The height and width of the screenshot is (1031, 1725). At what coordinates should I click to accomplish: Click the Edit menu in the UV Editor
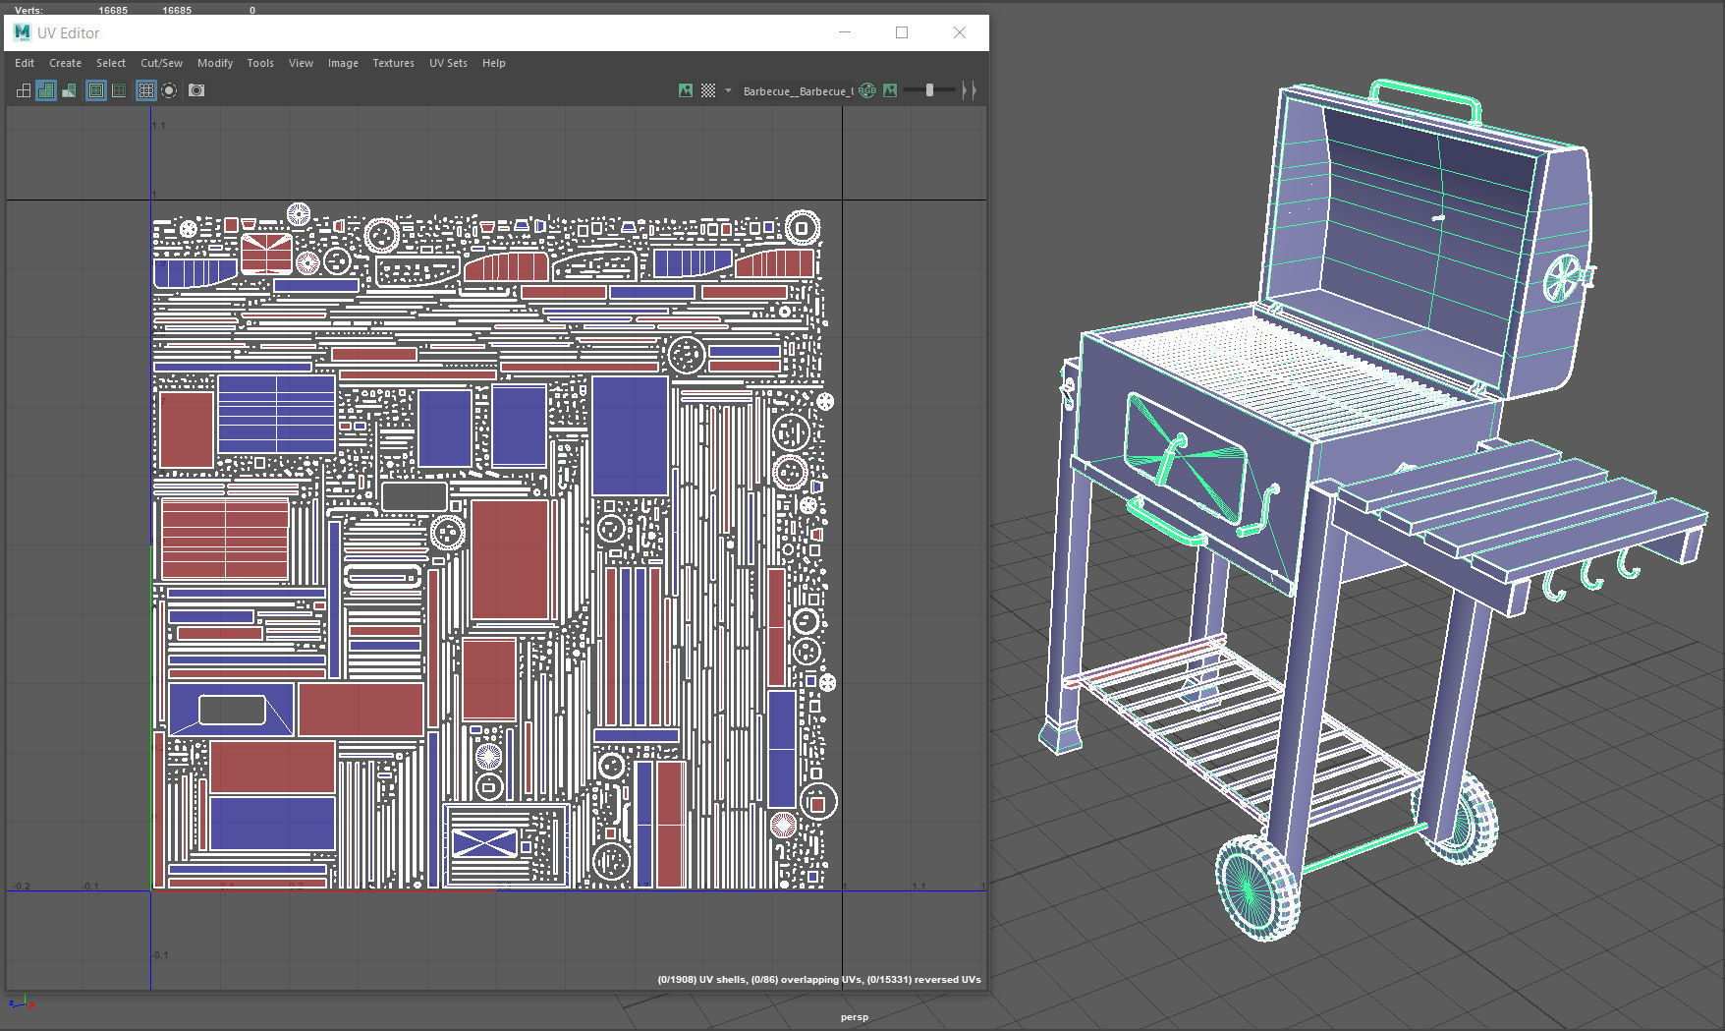click(x=25, y=63)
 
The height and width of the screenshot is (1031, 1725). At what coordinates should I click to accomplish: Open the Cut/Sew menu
click(x=161, y=63)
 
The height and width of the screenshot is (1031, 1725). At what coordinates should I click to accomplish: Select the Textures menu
click(x=393, y=63)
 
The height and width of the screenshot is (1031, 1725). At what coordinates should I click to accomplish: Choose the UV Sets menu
click(x=448, y=63)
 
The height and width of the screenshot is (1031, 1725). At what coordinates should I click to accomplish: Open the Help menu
click(x=493, y=63)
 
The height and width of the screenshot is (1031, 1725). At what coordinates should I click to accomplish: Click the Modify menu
click(x=215, y=63)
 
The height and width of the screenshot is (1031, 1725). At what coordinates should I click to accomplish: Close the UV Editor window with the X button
click(x=960, y=32)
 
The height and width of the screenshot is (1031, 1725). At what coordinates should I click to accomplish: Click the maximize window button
click(x=902, y=32)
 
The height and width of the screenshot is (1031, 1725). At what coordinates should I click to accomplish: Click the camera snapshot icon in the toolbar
click(x=196, y=90)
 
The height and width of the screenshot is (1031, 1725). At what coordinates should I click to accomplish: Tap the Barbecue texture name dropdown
click(x=798, y=91)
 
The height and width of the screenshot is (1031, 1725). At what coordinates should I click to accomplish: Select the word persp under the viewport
click(x=855, y=1017)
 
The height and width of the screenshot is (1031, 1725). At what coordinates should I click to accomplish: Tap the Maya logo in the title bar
click(x=22, y=32)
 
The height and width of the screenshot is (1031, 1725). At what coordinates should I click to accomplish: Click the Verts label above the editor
click(x=28, y=10)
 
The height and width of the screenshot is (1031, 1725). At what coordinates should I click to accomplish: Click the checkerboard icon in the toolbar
click(x=708, y=90)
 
